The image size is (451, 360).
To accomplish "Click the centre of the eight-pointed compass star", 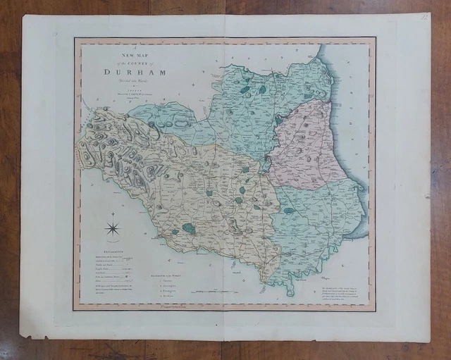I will [x=112, y=228].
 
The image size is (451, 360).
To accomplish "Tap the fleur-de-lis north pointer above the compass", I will [x=112, y=213].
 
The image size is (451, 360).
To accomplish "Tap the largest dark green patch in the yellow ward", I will [x=188, y=228].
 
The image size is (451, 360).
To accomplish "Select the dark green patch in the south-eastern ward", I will [x=289, y=210].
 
